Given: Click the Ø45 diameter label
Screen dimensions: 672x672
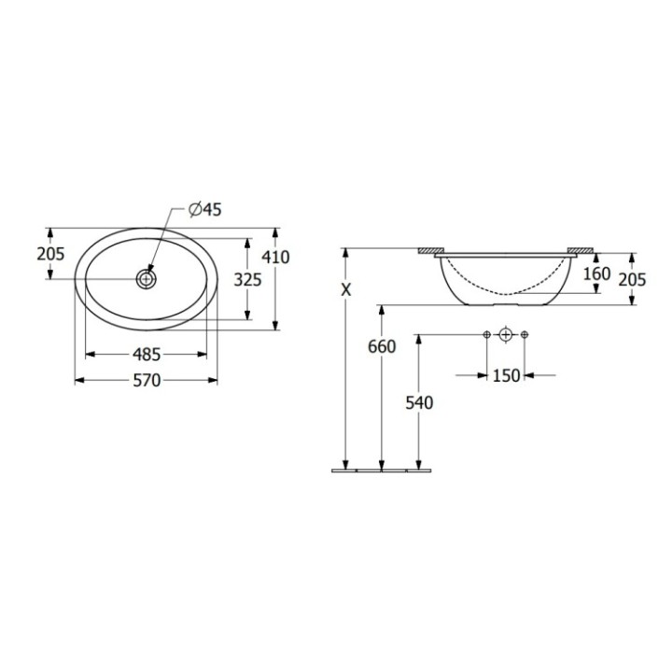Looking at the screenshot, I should tap(204, 210).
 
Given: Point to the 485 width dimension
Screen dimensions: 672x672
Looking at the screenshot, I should tap(147, 354).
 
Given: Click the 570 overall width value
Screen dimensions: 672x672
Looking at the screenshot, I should tap(147, 380).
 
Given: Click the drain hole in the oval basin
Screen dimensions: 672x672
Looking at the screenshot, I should tap(147, 278).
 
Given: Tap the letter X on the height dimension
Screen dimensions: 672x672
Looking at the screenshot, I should tap(346, 290).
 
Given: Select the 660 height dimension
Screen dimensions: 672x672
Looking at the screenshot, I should tap(382, 346).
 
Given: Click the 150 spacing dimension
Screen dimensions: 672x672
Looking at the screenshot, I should tap(506, 375).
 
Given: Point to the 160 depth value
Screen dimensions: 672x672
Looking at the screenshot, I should tap(596, 274).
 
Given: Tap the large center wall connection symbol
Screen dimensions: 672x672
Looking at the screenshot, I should tap(506, 334).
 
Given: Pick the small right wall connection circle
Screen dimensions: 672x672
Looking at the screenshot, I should tap(525, 334).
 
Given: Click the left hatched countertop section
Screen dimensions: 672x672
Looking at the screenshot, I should tap(431, 251).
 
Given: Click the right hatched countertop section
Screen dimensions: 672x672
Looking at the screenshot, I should tap(580, 251).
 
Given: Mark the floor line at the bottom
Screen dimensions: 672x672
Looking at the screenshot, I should tap(382, 470).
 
